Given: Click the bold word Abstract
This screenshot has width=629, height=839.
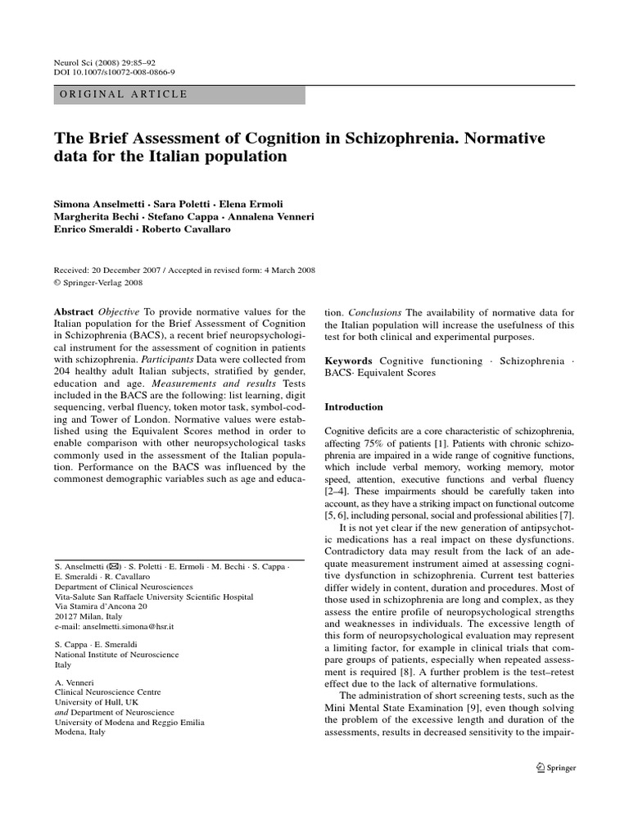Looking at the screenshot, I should (75, 312).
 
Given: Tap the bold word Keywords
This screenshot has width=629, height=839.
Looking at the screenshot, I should (349, 361).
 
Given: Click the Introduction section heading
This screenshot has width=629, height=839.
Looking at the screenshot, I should (354, 406).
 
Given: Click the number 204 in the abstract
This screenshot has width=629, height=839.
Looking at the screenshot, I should (63, 372).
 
